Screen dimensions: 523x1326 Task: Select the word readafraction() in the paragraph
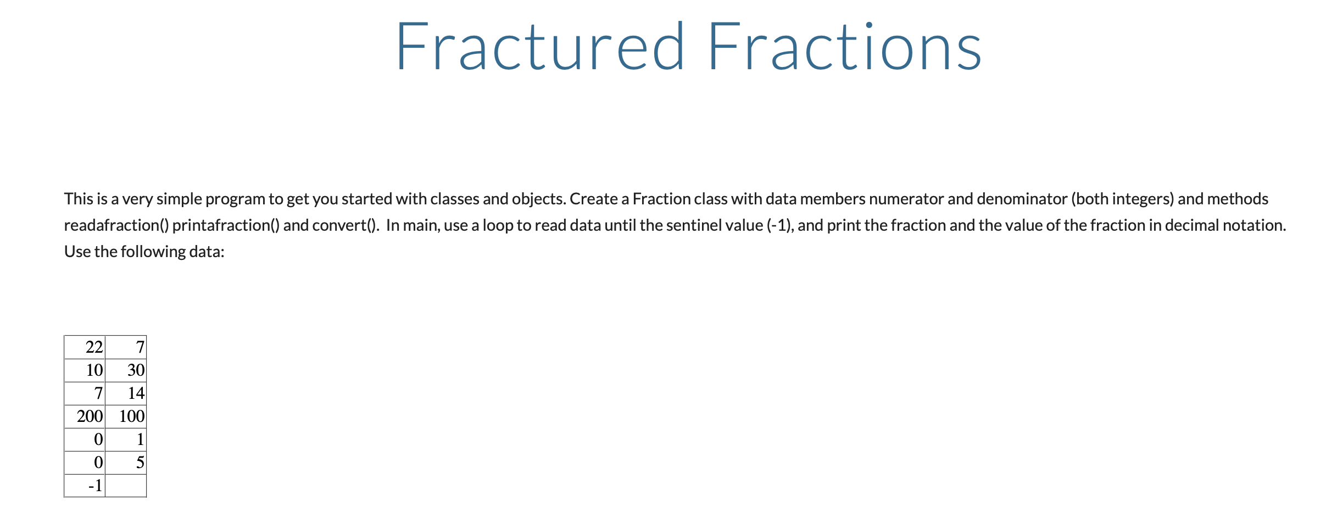pyautogui.click(x=116, y=225)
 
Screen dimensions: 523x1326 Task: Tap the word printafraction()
pyautogui.click(x=225, y=225)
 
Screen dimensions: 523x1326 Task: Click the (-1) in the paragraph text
pyautogui.click(x=779, y=225)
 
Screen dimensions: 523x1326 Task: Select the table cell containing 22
pyautogui.click(x=85, y=347)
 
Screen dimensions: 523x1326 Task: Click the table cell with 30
pyautogui.click(x=126, y=370)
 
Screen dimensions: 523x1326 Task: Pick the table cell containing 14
pyautogui.click(x=126, y=393)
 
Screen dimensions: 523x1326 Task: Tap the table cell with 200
pyautogui.click(x=85, y=416)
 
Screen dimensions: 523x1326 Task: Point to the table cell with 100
pyautogui.click(x=126, y=416)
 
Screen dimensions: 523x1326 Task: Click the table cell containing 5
pyautogui.click(x=126, y=463)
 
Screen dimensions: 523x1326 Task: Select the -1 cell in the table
pyautogui.click(x=85, y=486)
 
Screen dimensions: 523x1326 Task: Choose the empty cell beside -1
pyautogui.click(x=126, y=486)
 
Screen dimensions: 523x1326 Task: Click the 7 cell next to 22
pyautogui.click(x=126, y=347)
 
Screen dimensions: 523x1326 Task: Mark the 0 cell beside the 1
pyautogui.click(x=85, y=439)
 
